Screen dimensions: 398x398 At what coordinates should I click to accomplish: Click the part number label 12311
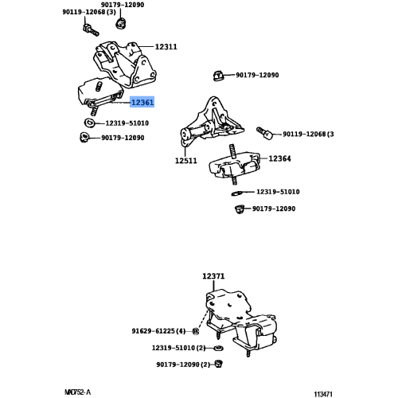pos(166,48)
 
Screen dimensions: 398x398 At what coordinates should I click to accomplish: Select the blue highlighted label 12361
pos(142,103)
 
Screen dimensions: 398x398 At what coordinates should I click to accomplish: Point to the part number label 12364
pos(279,159)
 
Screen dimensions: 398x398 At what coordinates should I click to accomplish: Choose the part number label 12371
pos(213,277)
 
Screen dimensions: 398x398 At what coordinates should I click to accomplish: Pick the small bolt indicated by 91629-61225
pos(196,330)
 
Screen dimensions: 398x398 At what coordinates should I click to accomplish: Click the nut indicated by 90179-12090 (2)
pos(220,365)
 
